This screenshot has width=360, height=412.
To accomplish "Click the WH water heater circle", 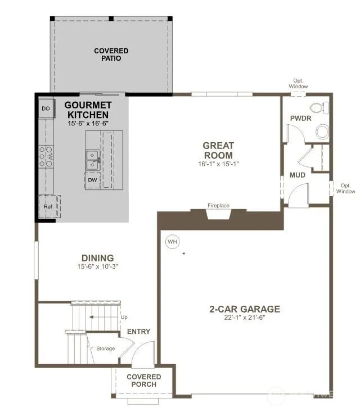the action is [x=173, y=242].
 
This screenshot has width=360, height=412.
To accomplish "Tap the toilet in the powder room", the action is [x=319, y=108].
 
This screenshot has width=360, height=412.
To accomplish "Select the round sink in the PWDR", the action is [x=323, y=132].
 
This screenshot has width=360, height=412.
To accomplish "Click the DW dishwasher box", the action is [x=93, y=180].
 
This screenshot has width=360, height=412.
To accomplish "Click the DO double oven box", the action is [x=46, y=108].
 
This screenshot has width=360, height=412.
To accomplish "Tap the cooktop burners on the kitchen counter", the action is [x=46, y=157].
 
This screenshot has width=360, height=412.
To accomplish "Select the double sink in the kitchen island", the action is [x=93, y=160].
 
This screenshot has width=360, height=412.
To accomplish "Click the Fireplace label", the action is [x=218, y=206].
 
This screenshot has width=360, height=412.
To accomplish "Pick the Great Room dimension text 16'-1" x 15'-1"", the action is [x=218, y=164].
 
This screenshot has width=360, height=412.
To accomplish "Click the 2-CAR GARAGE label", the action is [x=245, y=309].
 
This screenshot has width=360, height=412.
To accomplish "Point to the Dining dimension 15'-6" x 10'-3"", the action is [x=97, y=266].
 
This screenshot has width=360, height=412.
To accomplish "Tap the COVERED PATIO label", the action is [x=111, y=55].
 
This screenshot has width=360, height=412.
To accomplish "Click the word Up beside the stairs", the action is [x=124, y=317].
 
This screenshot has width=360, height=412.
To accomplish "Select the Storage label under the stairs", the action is [x=105, y=348].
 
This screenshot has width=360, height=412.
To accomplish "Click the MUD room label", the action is [x=298, y=175].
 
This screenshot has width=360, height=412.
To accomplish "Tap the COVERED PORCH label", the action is [x=144, y=381].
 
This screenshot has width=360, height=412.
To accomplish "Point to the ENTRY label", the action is [x=138, y=332].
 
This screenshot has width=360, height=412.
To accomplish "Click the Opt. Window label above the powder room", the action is [x=298, y=84].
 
